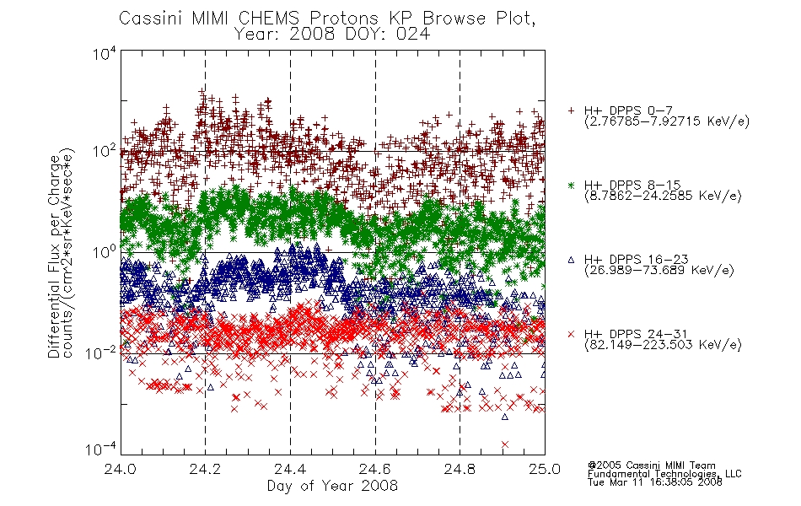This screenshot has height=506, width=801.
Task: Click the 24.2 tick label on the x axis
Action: point(206,469)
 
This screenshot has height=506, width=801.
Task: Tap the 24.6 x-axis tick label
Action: point(375,469)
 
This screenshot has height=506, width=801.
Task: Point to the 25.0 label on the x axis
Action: point(545,469)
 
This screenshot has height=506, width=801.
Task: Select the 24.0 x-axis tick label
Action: point(121,469)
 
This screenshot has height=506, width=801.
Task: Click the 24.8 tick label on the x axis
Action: point(460,469)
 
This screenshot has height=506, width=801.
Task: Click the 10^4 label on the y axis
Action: point(105,54)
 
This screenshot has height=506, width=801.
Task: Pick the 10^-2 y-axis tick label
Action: point(100,353)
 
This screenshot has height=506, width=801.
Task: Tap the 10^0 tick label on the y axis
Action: point(105,252)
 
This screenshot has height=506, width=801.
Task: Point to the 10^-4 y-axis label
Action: point(100,449)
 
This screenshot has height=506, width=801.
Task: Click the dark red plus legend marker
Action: point(571,110)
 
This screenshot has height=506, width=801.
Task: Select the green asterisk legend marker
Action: point(571,186)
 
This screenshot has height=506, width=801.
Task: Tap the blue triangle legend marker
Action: point(571,260)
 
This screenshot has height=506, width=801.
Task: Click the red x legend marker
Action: point(571,334)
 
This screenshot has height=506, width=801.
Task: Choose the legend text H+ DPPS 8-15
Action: point(632,185)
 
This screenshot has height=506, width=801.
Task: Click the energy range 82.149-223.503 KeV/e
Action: point(663,345)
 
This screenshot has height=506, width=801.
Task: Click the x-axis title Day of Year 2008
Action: point(332,486)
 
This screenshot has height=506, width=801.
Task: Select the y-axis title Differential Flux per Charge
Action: point(54,256)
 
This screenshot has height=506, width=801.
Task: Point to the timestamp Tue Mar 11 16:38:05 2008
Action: point(655,482)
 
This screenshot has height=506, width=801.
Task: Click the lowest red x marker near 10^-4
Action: point(505,444)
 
